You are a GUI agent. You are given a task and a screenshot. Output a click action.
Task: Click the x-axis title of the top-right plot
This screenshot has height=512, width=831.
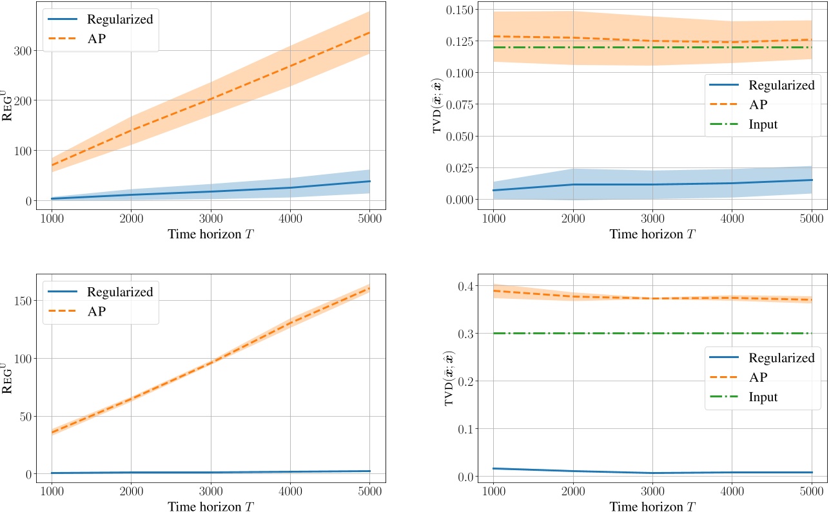(x=652, y=234)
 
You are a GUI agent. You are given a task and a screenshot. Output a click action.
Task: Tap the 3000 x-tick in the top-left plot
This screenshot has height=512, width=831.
(x=210, y=218)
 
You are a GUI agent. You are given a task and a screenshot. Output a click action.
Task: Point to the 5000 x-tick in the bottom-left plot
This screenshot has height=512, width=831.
(x=369, y=491)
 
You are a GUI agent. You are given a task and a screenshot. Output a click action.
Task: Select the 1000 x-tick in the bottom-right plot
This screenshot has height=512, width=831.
(x=493, y=491)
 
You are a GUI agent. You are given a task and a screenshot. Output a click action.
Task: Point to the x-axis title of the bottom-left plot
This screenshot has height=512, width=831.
(x=211, y=506)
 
